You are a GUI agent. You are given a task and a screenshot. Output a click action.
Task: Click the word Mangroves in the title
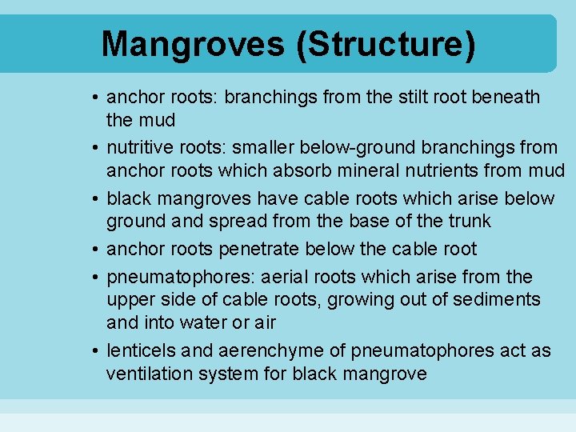click(193, 44)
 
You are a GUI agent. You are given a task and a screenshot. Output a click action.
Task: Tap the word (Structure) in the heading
click(386, 44)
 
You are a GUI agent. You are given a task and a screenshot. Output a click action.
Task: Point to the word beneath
click(508, 98)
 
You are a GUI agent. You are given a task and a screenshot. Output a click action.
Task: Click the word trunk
click(467, 221)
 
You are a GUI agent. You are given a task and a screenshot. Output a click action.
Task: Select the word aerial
click(287, 277)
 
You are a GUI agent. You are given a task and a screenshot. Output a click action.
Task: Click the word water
click(194, 322)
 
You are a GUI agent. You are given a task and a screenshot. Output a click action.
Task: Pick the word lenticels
click(141, 350)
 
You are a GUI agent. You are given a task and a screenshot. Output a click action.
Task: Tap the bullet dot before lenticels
click(94, 351)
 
